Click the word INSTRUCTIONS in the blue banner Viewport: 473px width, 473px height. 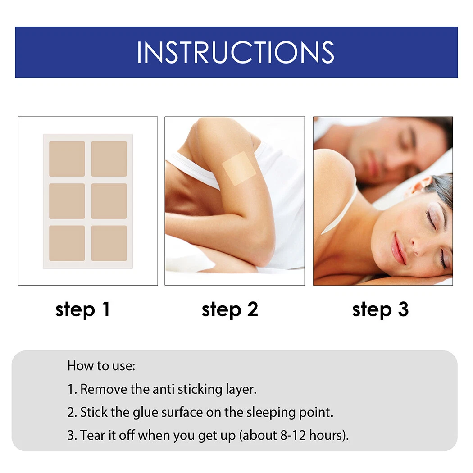click(236, 52)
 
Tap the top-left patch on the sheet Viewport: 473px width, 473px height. click(67, 159)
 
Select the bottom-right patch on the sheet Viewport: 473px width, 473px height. click(109, 243)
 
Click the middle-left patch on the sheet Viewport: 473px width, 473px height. click(67, 201)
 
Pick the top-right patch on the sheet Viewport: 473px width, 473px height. click(109, 159)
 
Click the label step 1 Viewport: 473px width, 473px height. click(82, 309)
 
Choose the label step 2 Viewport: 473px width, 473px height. click(230, 309)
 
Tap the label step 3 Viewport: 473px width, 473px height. click(380, 309)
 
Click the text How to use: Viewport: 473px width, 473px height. click(101, 365)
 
